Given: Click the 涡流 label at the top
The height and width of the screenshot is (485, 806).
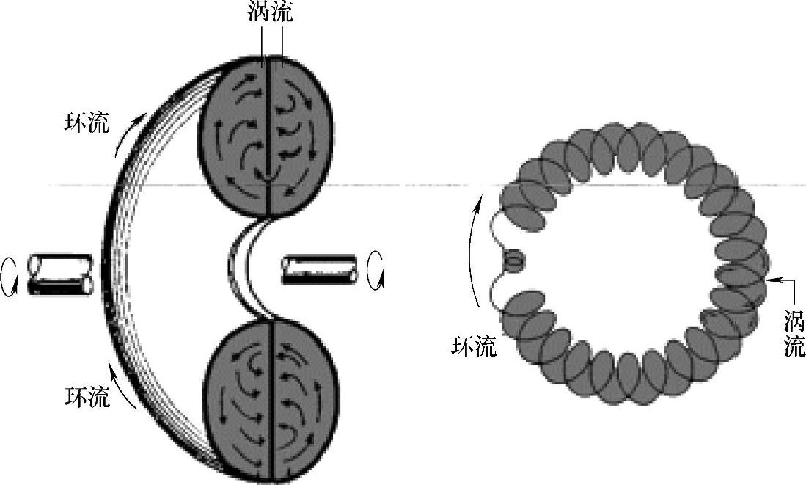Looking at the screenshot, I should (271, 14).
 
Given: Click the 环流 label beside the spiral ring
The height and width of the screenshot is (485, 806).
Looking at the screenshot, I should (474, 346).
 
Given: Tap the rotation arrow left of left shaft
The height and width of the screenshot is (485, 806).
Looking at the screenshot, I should (10, 275).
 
